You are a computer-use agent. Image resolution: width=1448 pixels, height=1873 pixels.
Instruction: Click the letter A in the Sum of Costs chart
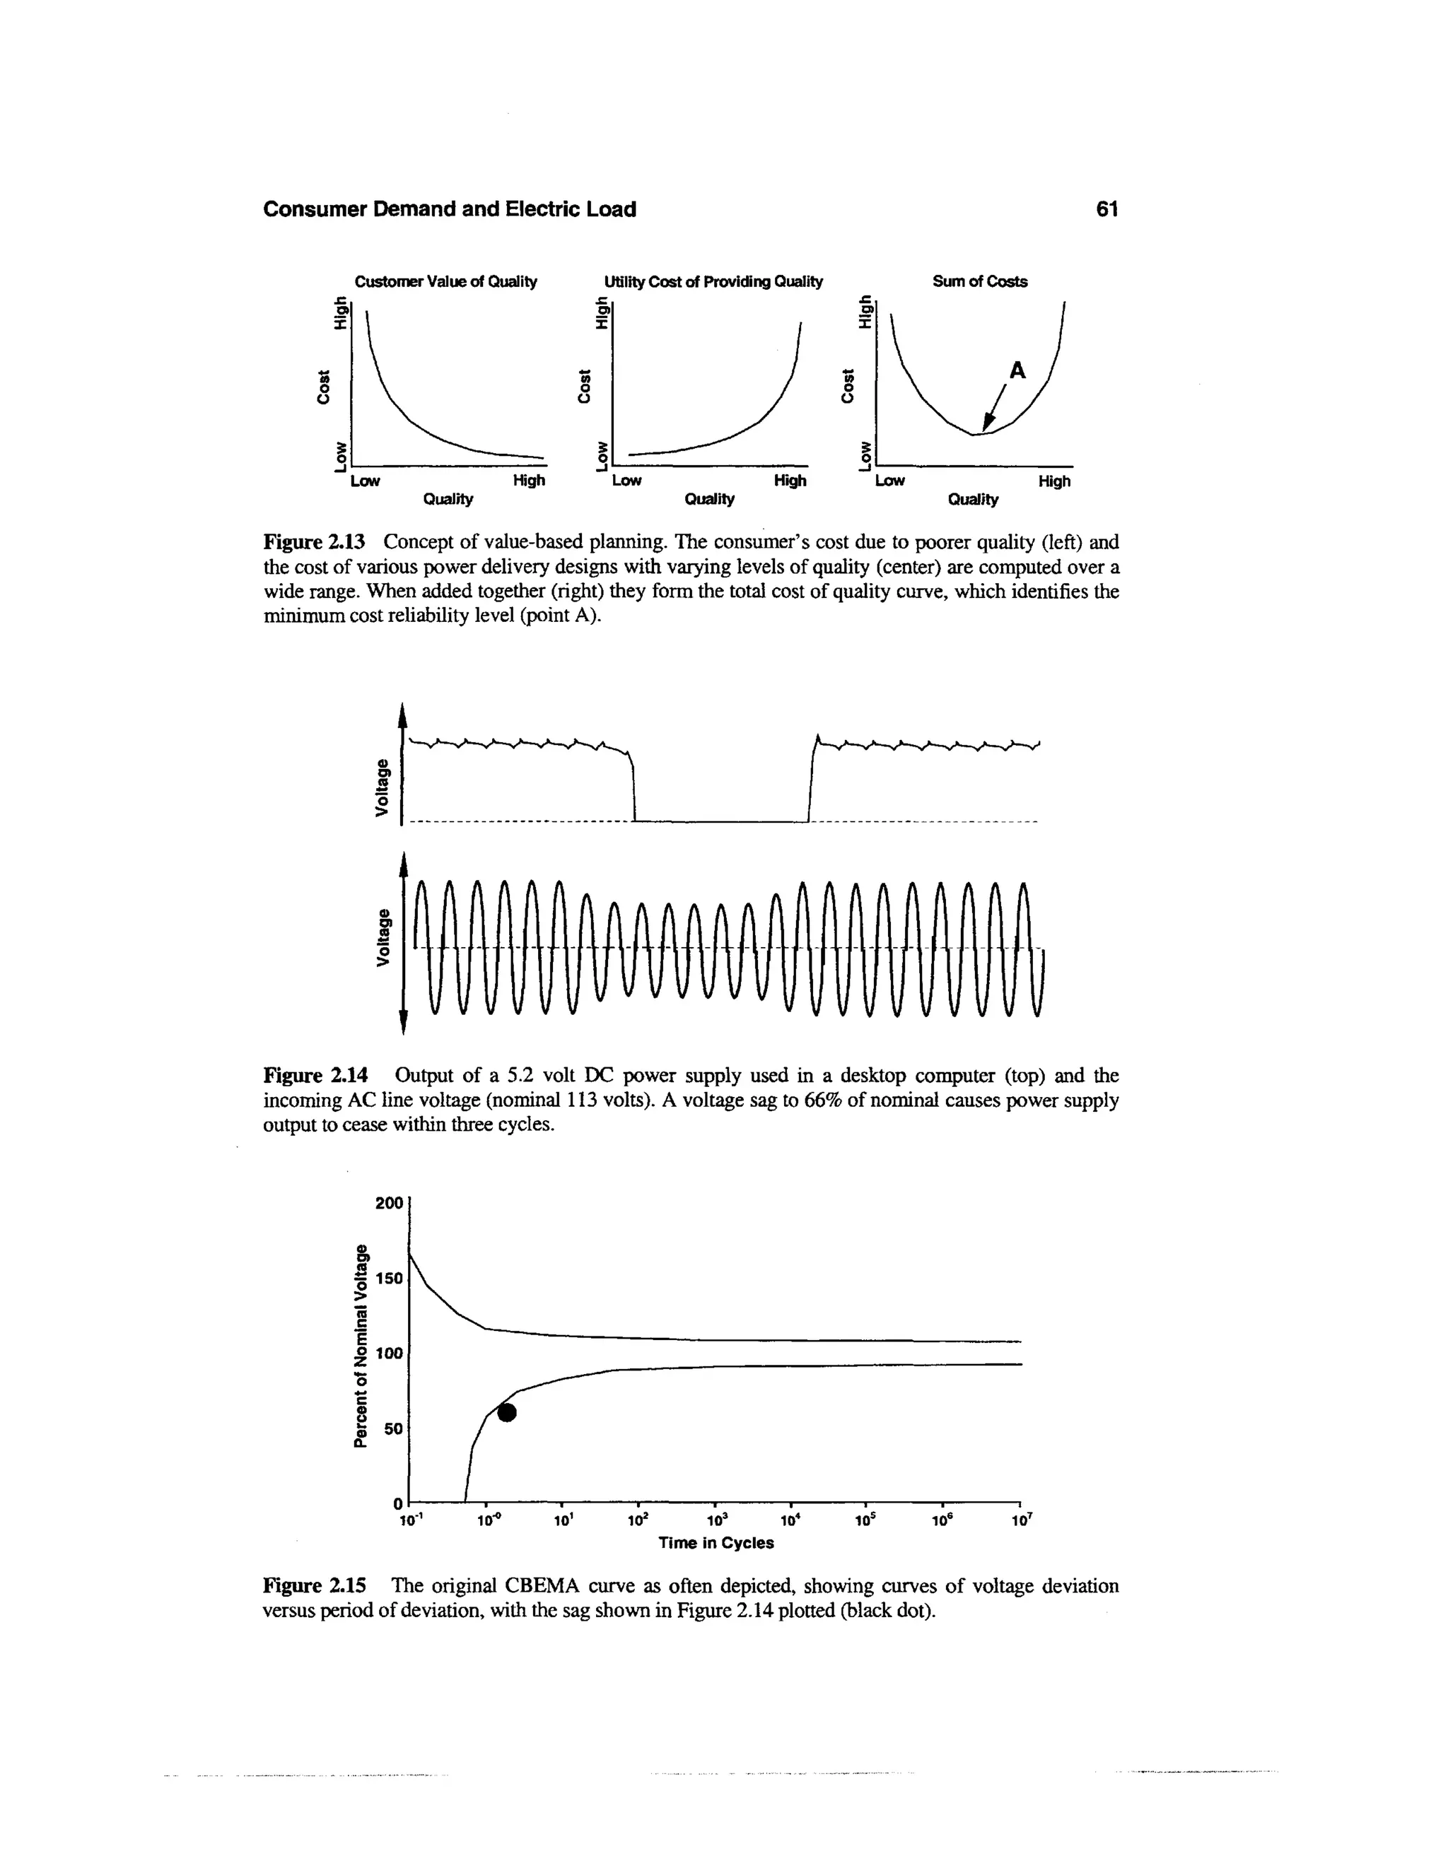1017,370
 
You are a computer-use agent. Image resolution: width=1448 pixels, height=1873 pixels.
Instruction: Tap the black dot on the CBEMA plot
508,1412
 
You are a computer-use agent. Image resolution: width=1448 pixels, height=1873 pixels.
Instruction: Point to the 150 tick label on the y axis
389,1279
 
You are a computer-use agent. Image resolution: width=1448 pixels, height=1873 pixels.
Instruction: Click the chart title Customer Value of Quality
445,281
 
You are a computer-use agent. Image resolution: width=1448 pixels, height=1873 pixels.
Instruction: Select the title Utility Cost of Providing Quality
713,281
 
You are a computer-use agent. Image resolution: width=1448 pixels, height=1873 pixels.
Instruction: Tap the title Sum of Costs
980,281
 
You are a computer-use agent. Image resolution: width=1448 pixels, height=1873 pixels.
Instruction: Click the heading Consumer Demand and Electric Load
450,209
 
